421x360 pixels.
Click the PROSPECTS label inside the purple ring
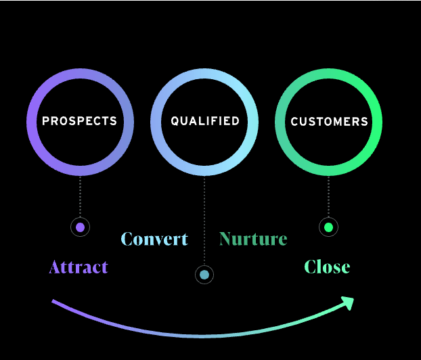click(79, 122)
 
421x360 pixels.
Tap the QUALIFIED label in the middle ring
click(204, 121)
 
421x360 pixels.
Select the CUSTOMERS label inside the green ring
click(329, 122)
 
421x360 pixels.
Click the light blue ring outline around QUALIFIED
click(155, 122)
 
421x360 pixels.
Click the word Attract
click(79, 267)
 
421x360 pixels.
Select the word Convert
click(154, 239)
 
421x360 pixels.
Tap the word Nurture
click(253, 239)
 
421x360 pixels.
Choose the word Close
click(327, 267)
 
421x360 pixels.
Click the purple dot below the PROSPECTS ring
click(80, 227)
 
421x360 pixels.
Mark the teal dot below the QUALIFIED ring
click(204, 275)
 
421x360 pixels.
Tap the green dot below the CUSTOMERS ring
click(328, 227)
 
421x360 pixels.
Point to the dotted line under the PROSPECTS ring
click(80, 196)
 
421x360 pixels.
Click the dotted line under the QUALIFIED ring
click(204, 217)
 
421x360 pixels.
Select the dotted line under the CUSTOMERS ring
click(328, 196)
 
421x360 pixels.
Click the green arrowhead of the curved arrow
click(349, 302)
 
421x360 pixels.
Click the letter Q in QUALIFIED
click(175, 122)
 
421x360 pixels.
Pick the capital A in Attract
click(55, 267)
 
